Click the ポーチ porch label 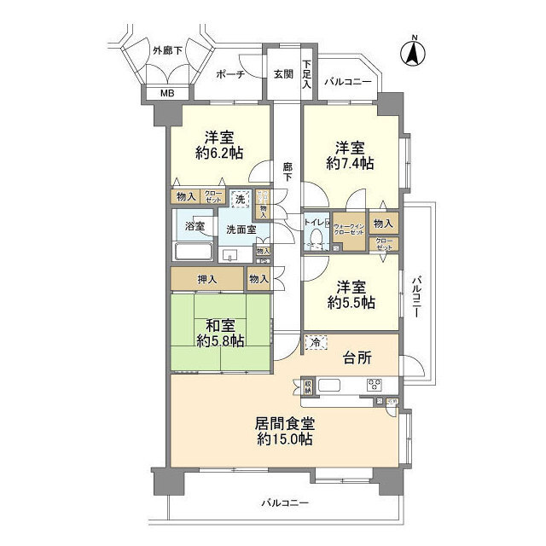point(231,74)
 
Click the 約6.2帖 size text point(219,154)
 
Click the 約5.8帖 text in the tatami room point(219,340)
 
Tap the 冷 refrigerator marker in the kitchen point(314,343)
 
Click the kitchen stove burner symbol point(376,385)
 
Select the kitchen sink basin point(328,385)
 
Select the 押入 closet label point(206,278)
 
